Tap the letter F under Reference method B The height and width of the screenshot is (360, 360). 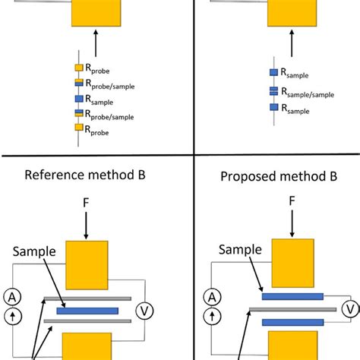89,203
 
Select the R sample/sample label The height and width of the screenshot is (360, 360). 311,93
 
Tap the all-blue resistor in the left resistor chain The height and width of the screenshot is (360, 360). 79,99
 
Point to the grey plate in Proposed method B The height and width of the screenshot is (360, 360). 292,310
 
